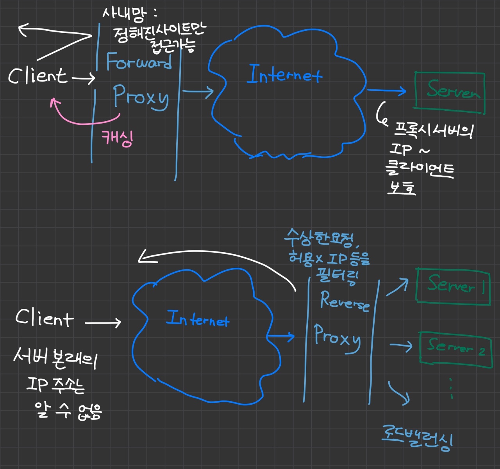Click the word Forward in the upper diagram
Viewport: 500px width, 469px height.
139,62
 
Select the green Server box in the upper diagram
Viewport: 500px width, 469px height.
450,92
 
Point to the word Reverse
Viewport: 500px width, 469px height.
345,301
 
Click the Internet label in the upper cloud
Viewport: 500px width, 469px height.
284,75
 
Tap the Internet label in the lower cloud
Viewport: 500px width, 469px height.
198,319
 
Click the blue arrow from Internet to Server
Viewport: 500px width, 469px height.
387,91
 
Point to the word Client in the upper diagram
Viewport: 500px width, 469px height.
37,76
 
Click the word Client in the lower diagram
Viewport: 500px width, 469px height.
44,318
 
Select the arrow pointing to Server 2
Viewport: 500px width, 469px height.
401,346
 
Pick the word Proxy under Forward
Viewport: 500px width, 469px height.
141,97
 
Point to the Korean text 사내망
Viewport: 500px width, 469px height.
124,15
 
